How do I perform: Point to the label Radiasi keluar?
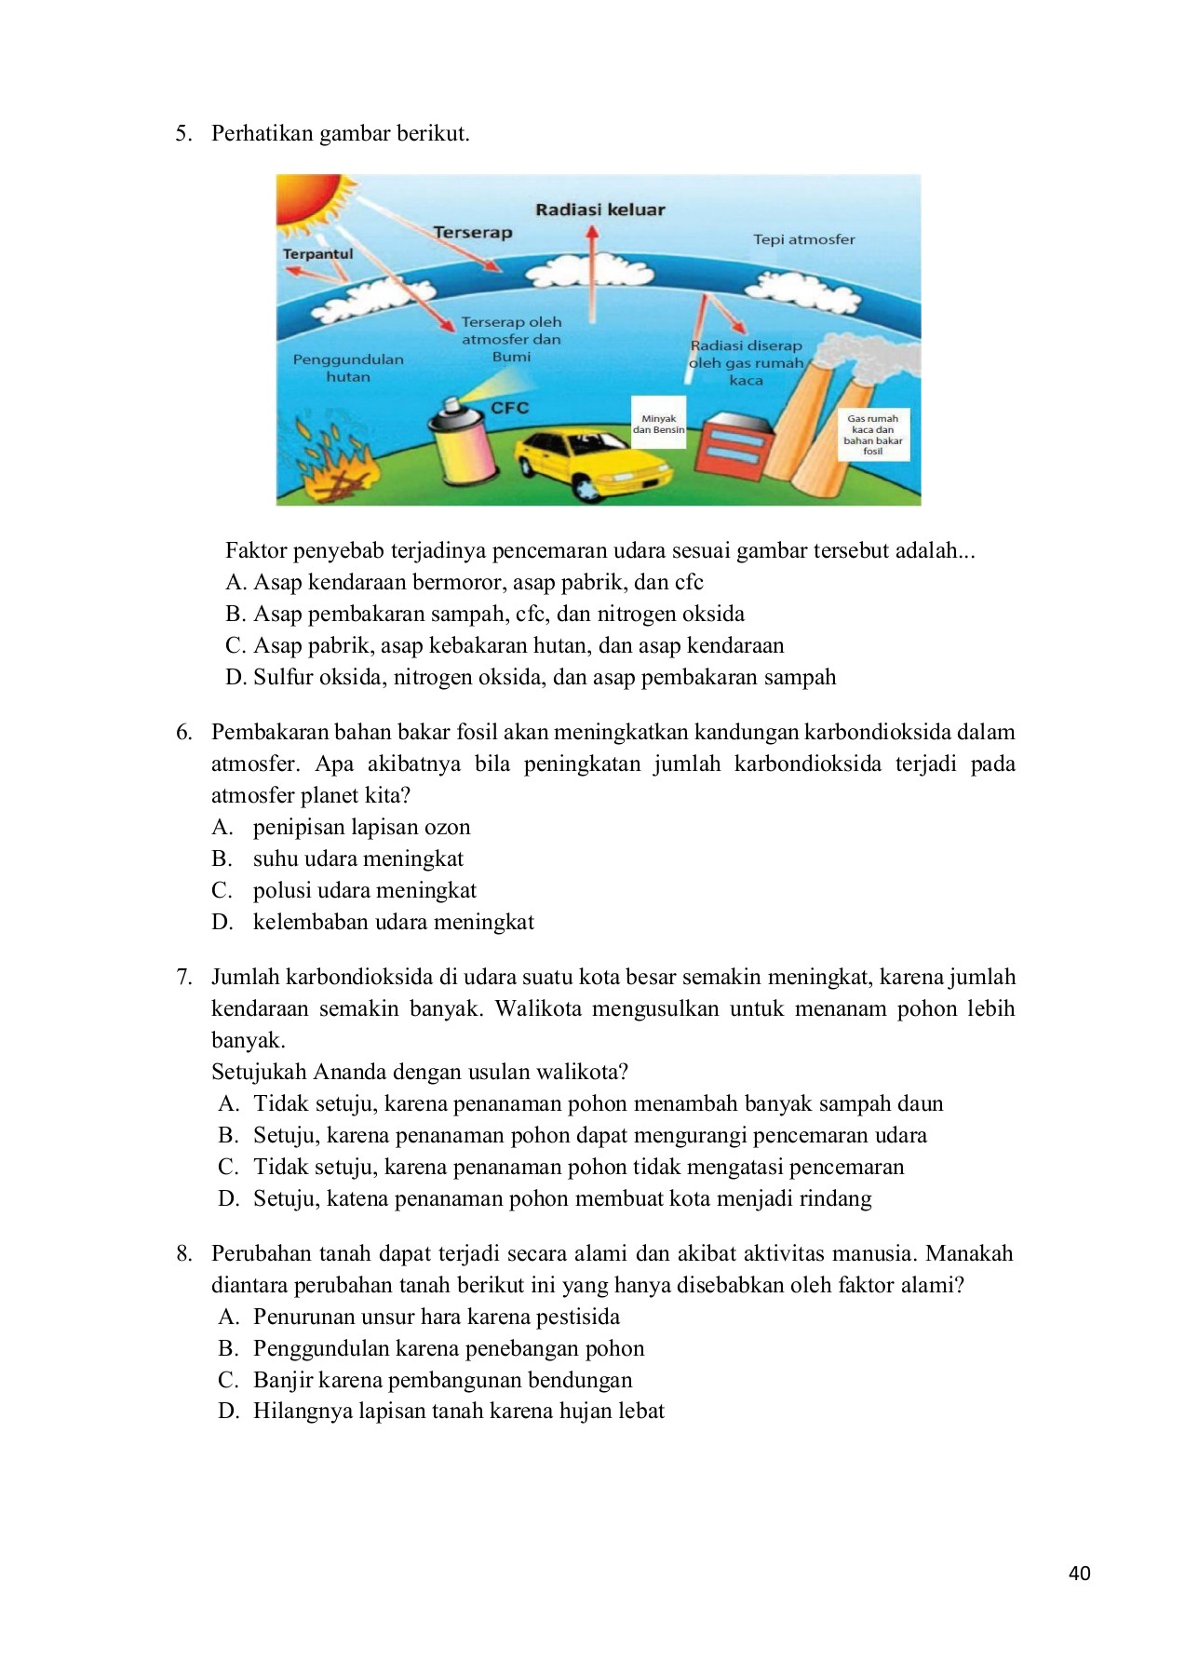[x=599, y=209]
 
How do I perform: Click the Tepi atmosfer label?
[x=803, y=239]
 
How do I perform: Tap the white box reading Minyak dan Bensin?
[x=658, y=424]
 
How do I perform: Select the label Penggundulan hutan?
[x=348, y=368]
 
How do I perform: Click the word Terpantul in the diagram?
[x=317, y=254]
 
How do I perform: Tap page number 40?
[x=1079, y=1573]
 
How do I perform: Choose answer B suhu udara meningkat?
[x=357, y=858]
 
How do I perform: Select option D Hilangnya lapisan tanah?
[x=458, y=1411]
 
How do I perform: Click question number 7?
[x=184, y=977]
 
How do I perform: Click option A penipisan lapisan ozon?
[x=361, y=827]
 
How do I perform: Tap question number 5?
[x=184, y=133]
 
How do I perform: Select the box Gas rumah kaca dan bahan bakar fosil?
[x=872, y=435]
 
